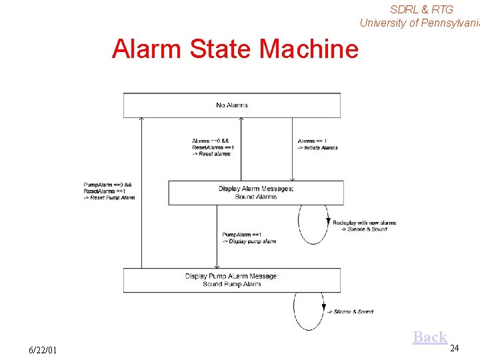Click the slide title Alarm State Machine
[235, 49]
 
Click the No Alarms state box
[231, 105]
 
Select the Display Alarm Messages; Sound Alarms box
[255, 193]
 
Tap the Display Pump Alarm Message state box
[231, 280]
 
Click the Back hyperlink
[430, 337]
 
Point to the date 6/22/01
[43, 350]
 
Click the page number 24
[455, 348]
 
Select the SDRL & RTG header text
[421, 9]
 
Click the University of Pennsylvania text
[419, 23]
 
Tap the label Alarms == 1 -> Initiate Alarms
[317, 144]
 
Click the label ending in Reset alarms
[213, 147]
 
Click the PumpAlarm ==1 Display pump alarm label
[248, 238]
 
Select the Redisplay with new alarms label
[364, 226]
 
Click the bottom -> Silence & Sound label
[349, 311]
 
